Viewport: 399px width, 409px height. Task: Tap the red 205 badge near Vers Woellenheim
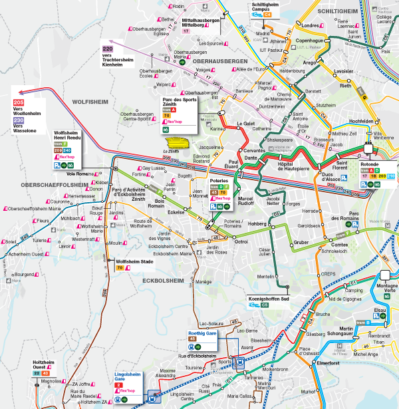pos(19,101)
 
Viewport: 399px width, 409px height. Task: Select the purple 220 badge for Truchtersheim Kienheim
pos(107,49)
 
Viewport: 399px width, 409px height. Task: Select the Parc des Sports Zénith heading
pos(180,104)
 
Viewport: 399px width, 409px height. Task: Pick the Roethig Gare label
pos(203,332)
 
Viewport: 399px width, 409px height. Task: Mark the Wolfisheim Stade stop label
pos(132,261)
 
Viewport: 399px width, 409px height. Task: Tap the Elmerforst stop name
pos(329,364)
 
